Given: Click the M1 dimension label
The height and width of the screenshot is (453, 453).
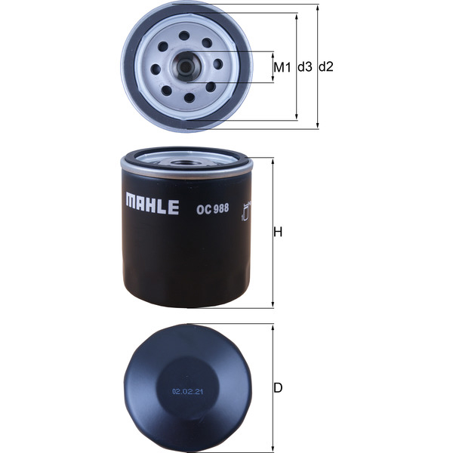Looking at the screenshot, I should (x=282, y=66).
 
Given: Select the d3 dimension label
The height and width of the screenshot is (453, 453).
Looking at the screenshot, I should (x=304, y=66).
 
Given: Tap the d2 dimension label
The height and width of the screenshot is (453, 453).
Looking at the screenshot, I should (x=325, y=66).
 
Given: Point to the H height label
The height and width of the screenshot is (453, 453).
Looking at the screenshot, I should (x=278, y=233).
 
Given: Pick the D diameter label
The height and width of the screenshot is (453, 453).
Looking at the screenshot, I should (x=278, y=388).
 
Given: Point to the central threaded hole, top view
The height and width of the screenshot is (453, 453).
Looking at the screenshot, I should (x=186, y=66).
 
